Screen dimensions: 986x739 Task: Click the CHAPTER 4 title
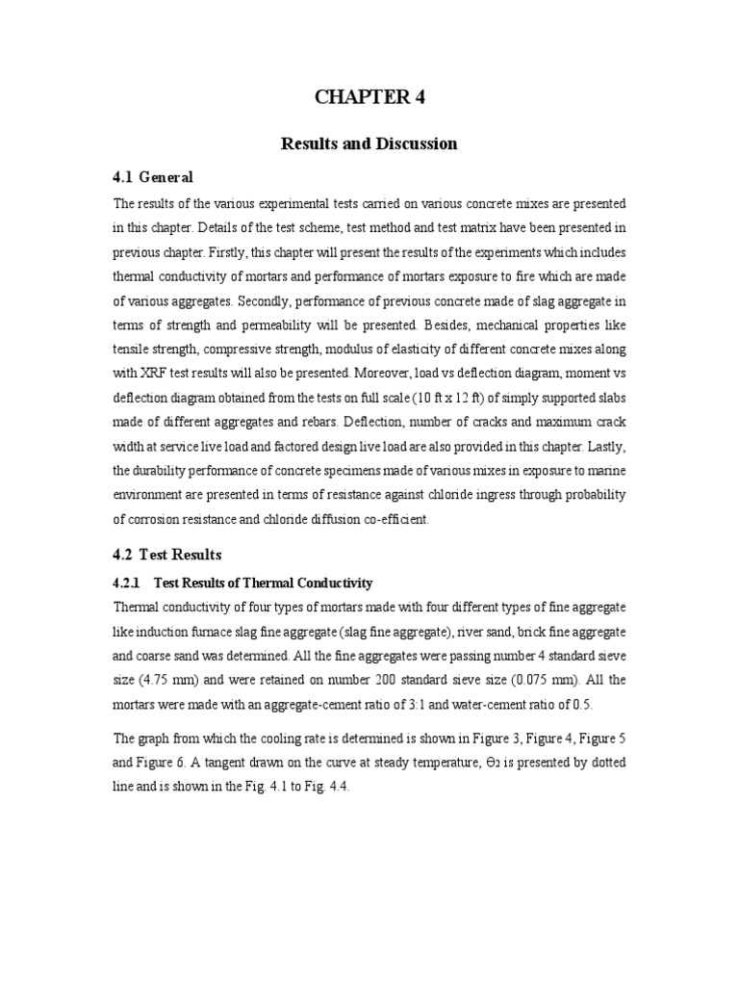tap(369, 97)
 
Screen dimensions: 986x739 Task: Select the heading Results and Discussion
tap(369, 144)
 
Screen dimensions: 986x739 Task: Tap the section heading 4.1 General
tap(154, 177)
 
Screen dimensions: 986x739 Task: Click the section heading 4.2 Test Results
tap(167, 555)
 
